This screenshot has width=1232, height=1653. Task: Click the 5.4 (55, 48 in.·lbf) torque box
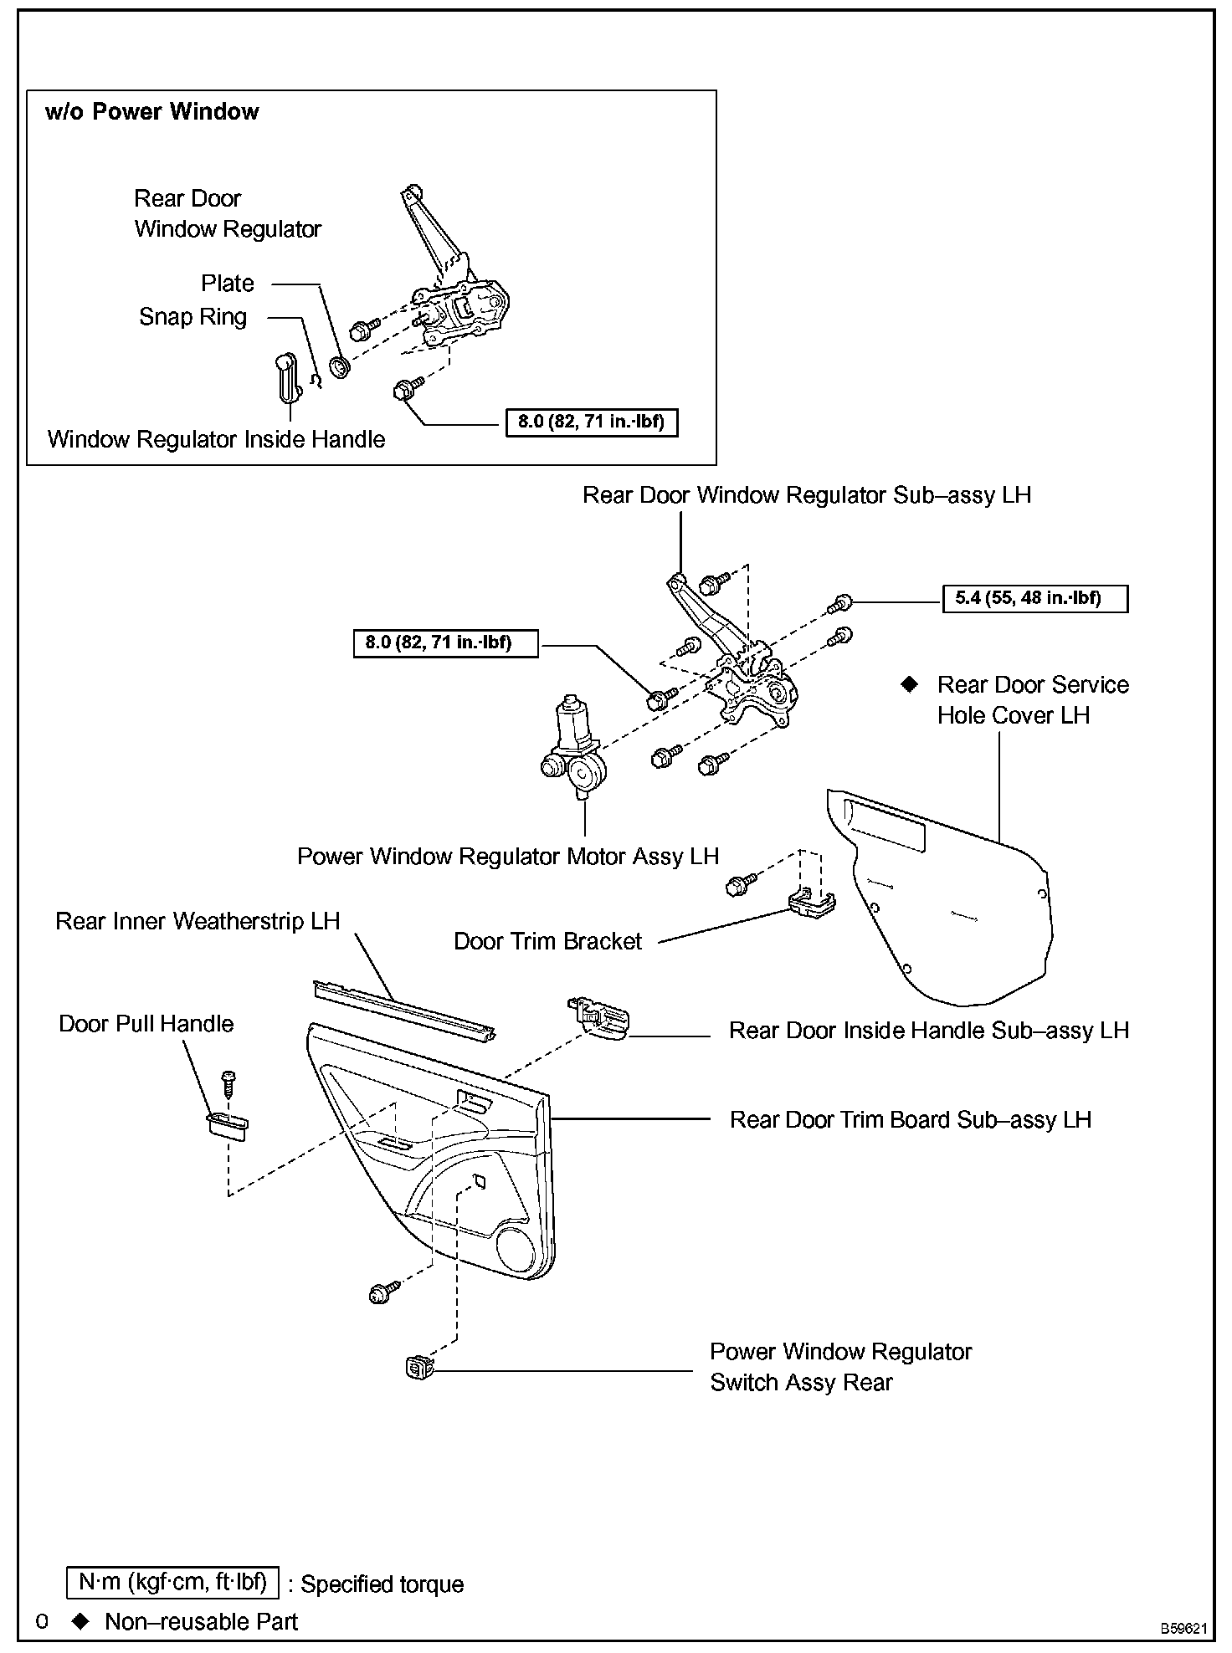coord(1034,598)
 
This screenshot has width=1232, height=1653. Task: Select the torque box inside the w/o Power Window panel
coord(591,422)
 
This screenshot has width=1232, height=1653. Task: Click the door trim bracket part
coord(811,903)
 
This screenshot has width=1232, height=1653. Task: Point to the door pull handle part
coord(227,1126)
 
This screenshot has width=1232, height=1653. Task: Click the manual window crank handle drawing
coord(286,380)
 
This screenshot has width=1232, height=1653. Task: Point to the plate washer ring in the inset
coord(340,366)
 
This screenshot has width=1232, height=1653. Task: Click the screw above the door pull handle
coord(227,1083)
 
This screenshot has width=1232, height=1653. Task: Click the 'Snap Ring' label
coord(192,317)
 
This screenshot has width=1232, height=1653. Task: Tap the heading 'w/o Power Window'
coord(151,112)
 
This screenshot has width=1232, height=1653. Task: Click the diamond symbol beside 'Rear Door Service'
coord(909,684)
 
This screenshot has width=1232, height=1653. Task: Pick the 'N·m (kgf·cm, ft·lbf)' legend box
coord(173,1581)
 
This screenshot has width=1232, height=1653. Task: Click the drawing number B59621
coord(1183,1628)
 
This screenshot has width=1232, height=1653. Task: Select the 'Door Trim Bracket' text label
coord(547,941)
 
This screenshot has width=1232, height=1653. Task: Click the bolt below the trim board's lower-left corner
coord(381,1293)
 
